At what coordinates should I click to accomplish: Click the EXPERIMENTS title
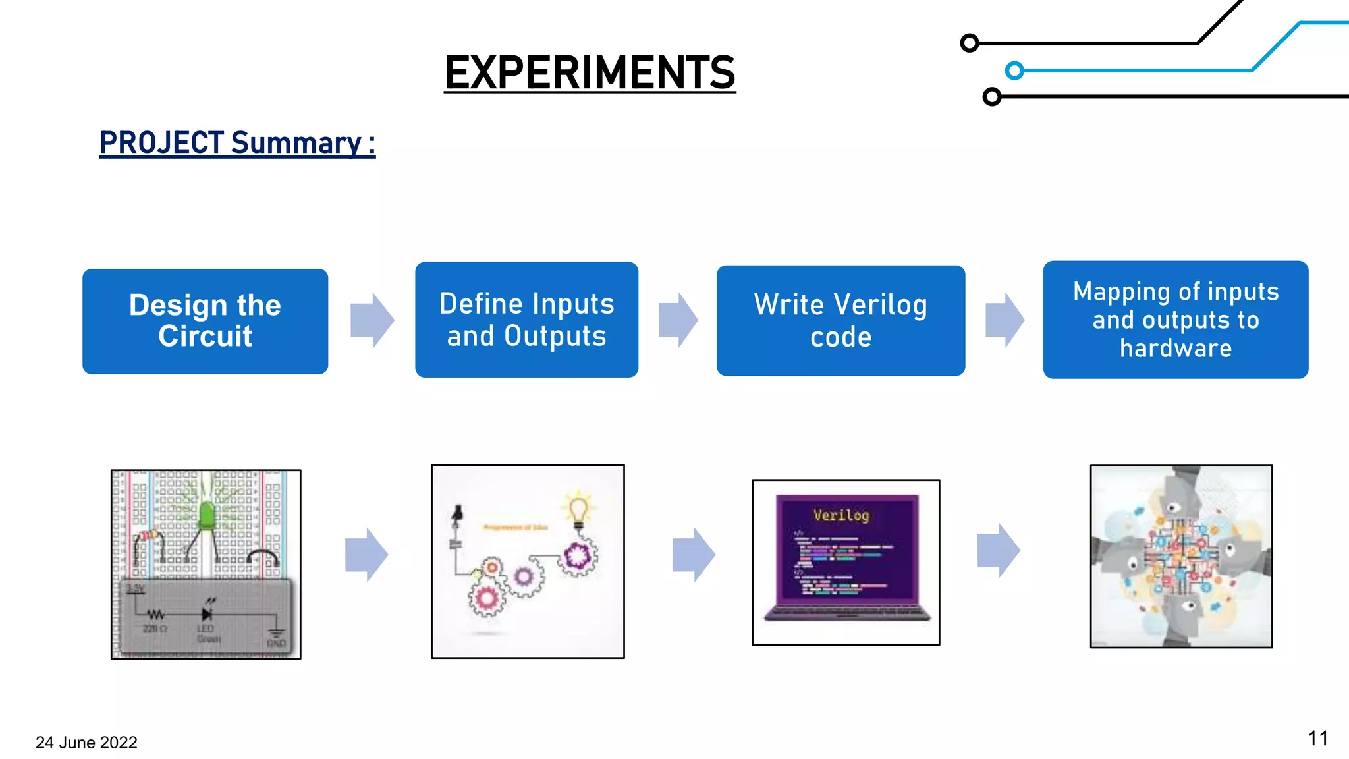click(590, 72)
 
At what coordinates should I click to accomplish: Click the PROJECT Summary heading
click(237, 143)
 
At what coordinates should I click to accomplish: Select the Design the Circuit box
click(205, 321)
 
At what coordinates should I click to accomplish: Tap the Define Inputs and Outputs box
click(526, 320)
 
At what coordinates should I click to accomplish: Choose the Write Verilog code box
click(840, 320)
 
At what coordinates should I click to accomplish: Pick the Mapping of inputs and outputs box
click(1175, 320)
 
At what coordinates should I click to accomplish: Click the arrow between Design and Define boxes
click(372, 320)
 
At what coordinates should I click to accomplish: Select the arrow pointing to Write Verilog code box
click(678, 320)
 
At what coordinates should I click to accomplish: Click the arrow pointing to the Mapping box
click(1005, 320)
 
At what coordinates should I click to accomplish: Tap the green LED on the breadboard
click(206, 515)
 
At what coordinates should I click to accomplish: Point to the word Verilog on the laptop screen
click(841, 515)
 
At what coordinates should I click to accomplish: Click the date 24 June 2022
click(86, 743)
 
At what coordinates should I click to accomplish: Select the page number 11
click(1317, 739)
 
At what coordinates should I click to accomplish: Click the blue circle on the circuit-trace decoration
click(1014, 70)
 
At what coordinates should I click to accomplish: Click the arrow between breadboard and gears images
click(366, 554)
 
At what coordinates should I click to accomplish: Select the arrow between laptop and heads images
click(999, 550)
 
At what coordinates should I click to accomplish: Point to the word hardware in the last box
click(1175, 348)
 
